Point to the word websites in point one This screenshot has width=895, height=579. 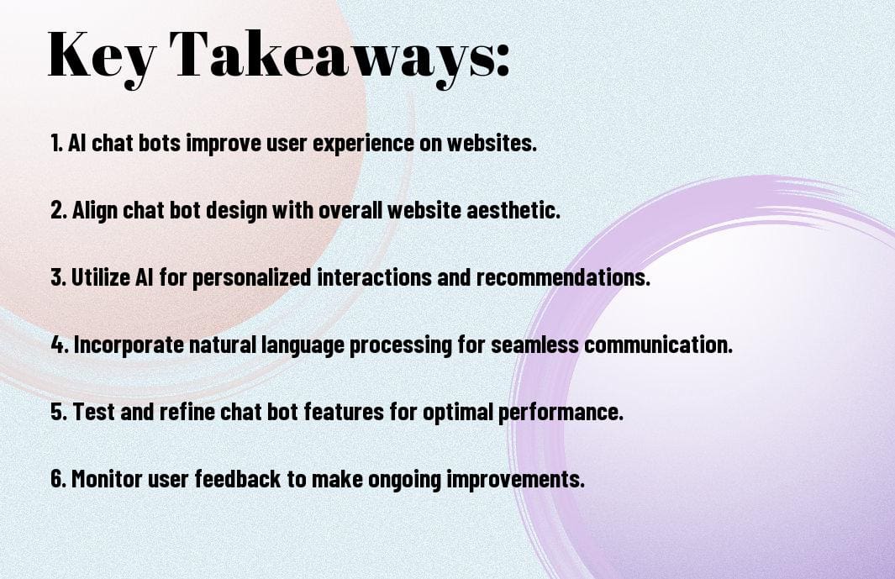(495, 144)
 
